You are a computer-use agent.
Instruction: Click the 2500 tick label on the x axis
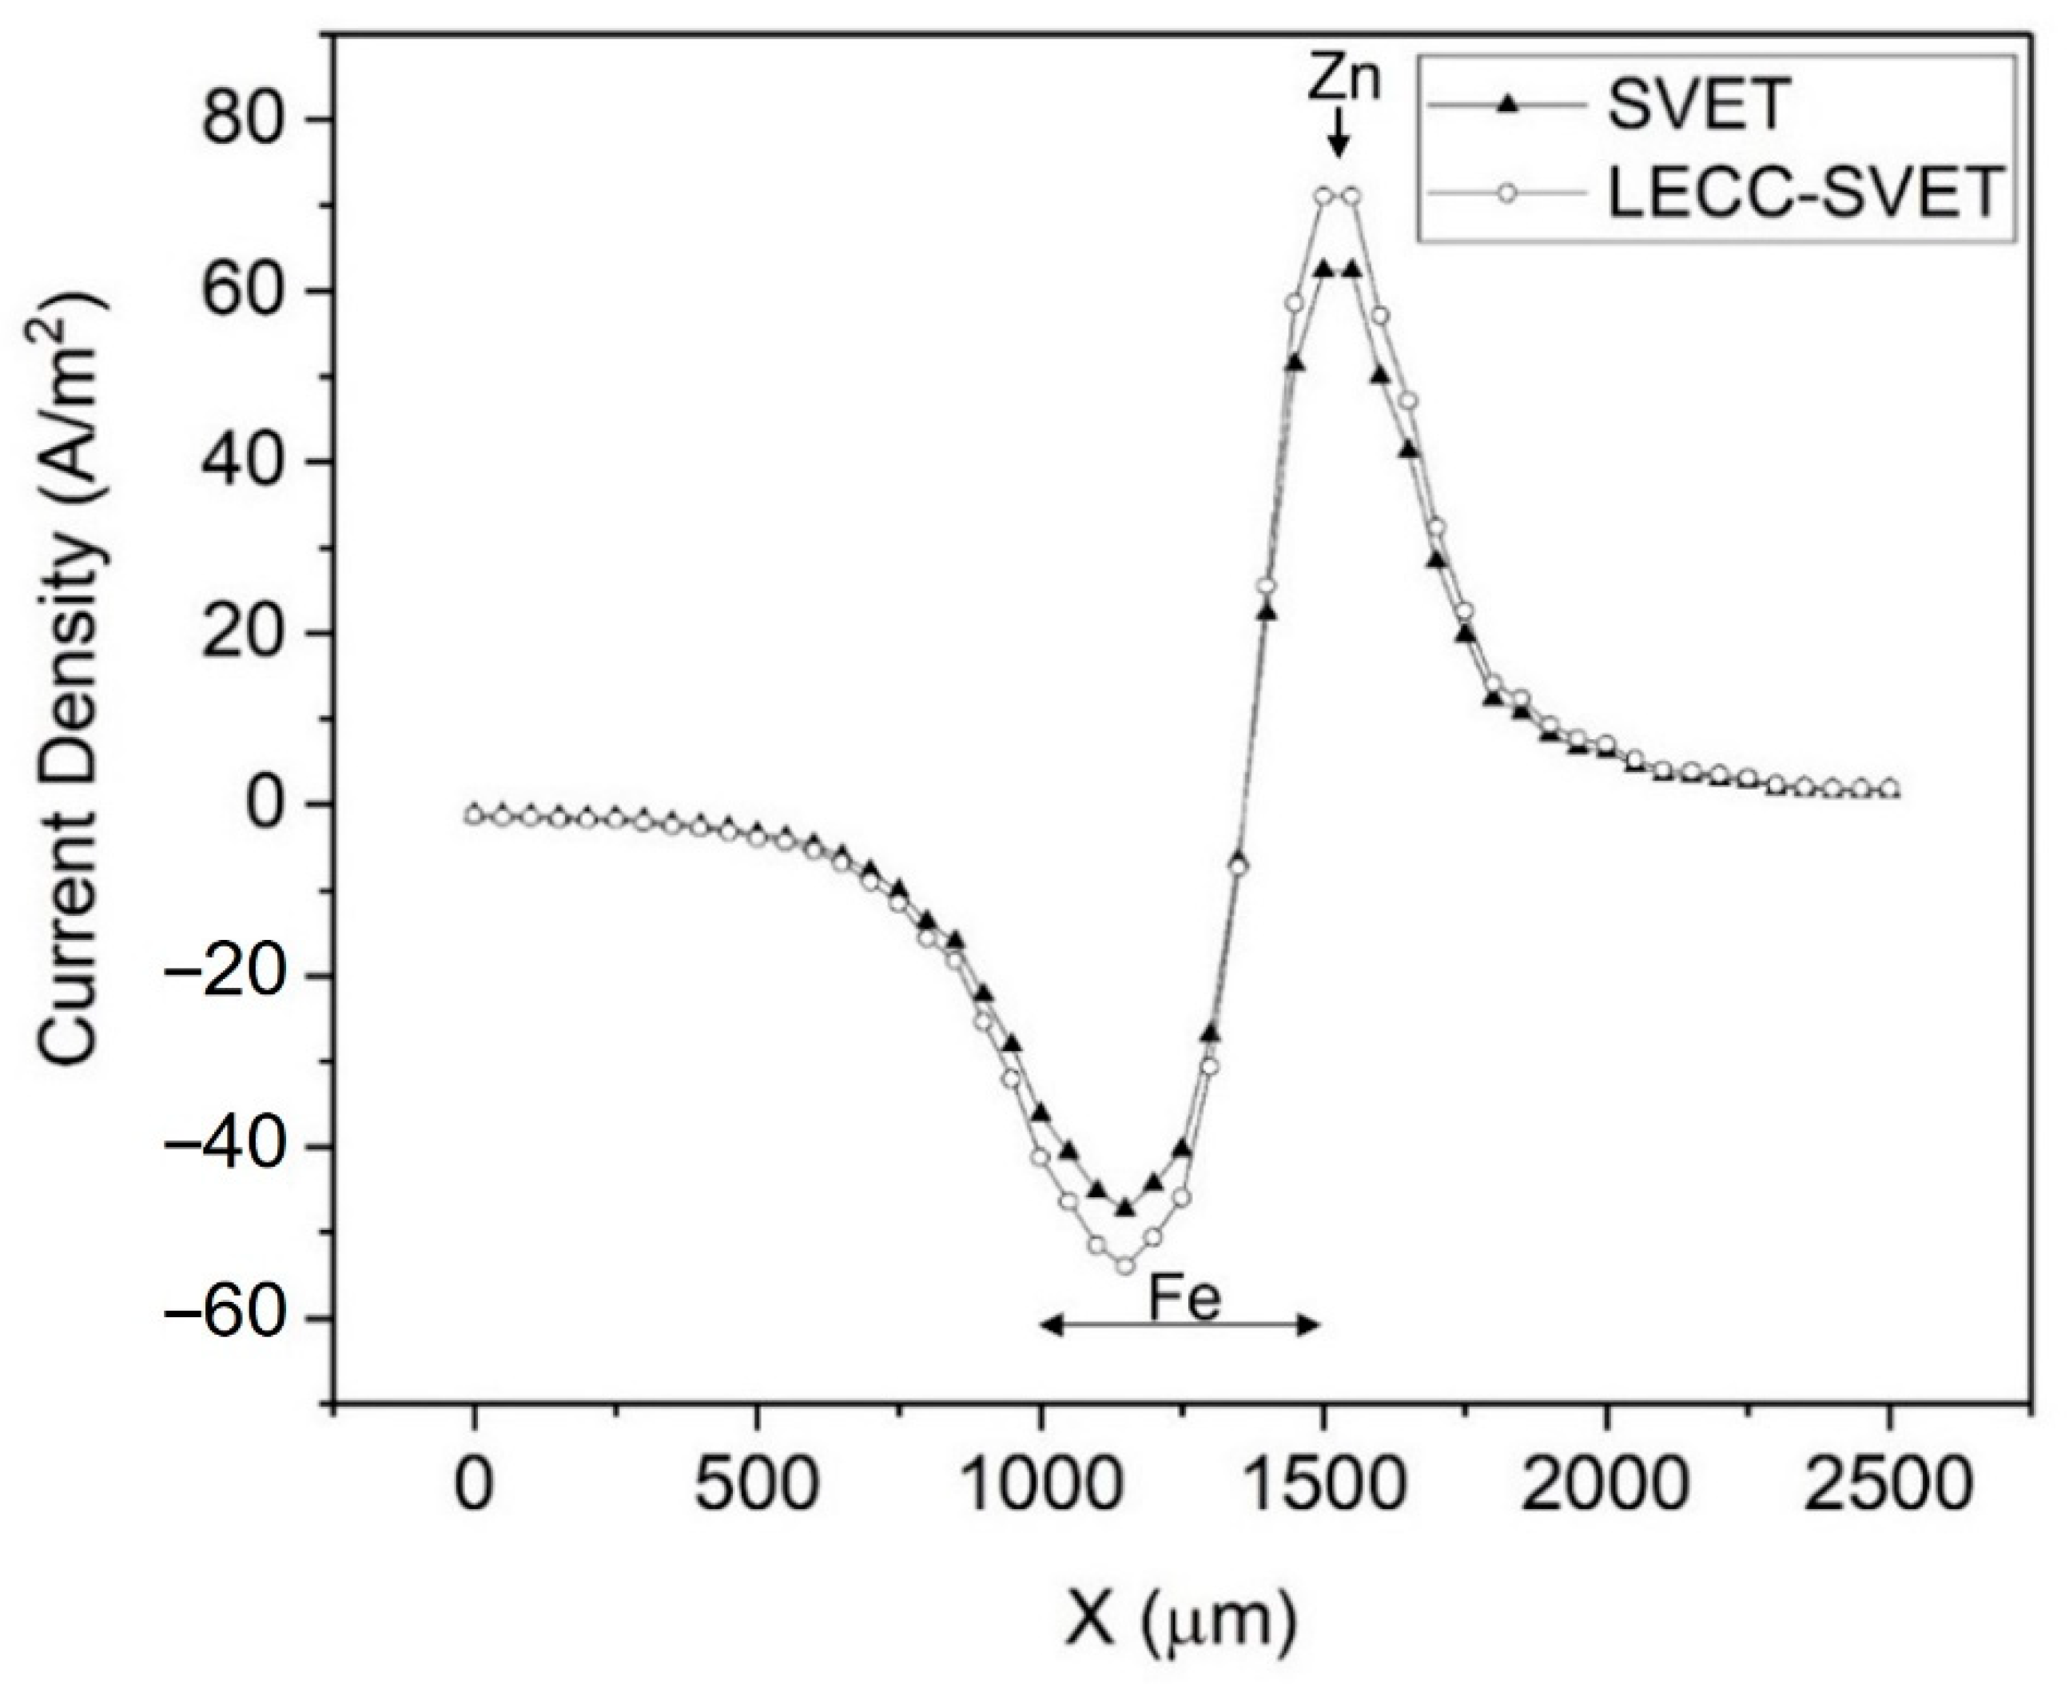(1888, 1486)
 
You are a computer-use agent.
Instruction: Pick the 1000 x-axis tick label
(1040, 1486)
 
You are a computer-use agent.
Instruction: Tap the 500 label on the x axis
(756, 1486)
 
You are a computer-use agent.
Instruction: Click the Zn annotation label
(1343, 82)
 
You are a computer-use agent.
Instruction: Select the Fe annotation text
(1184, 1299)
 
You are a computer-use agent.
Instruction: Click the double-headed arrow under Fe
(1180, 1326)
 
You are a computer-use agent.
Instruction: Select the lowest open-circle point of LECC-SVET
(1125, 1265)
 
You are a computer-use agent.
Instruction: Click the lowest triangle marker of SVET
(1125, 1208)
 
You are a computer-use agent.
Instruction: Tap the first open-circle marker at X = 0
(473, 815)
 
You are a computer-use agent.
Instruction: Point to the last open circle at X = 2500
(1889, 789)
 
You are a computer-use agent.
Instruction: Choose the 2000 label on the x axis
(1605, 1486)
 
